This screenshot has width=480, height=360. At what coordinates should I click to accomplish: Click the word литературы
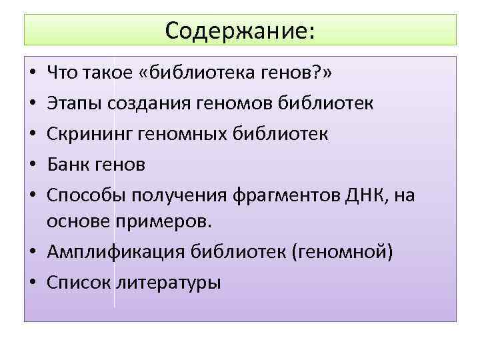pos(169,283)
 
